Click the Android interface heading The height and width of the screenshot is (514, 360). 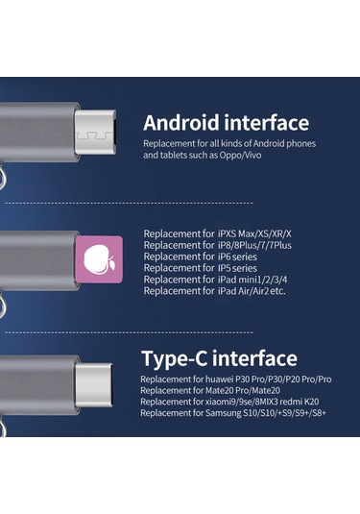(x=226, y=123)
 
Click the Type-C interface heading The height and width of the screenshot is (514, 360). (x=219, y=359)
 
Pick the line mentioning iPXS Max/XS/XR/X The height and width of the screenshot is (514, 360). (x=217, y=233)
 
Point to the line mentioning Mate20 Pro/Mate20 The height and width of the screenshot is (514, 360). (x=205, y=390)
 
